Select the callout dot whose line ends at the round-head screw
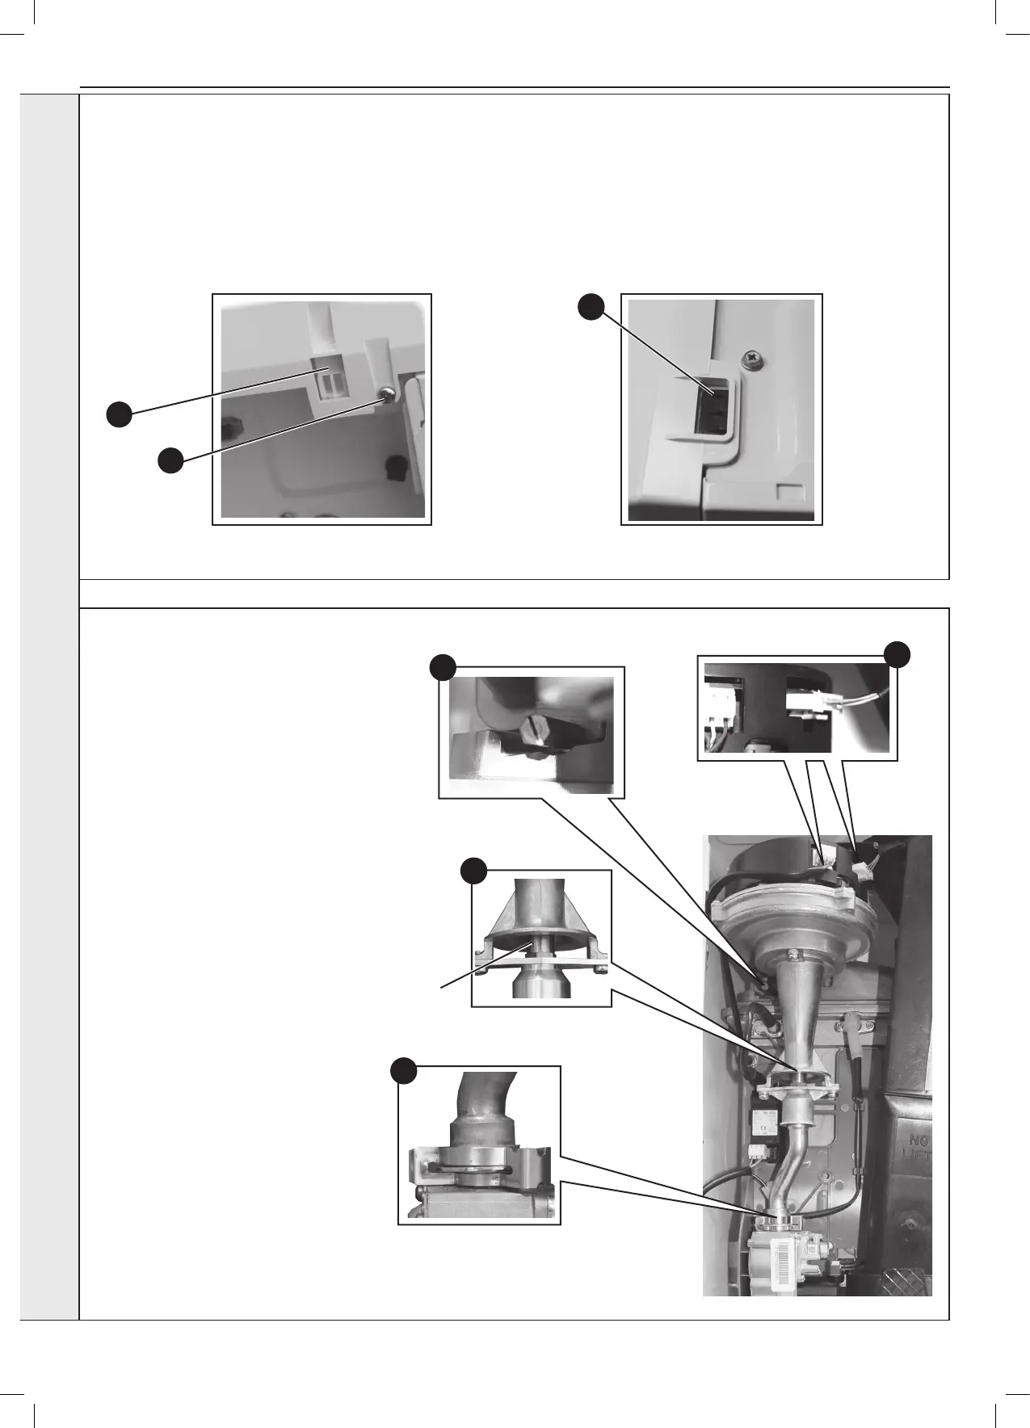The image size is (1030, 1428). (x=170, y=462)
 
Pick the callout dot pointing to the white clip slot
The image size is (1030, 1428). (x=120, y=415)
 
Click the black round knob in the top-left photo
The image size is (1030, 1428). (x=395, y=466)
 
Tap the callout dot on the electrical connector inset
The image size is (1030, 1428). (x=898, y=653)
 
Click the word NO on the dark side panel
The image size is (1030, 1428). (x=920, y=1141)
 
